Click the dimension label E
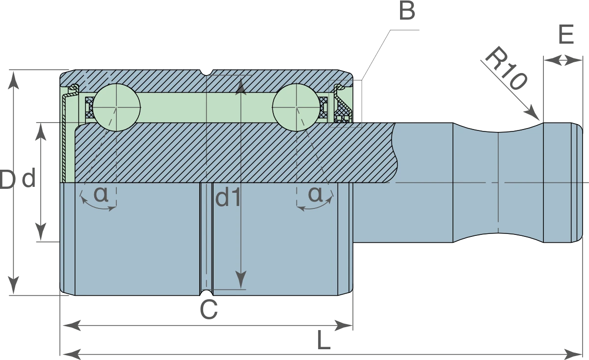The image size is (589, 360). click(566, 34)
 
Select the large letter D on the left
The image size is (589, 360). click(7, 180)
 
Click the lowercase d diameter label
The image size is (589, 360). click(28, 178)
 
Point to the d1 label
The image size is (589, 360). click(228, 198)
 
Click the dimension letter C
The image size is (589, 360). click(209, 309)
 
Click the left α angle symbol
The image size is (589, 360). click(101, 194)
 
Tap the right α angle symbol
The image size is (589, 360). click(315, 194)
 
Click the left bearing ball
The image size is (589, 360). click(116, 107)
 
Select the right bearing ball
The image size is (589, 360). click(296, 107)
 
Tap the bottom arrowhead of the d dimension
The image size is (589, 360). click(40, 241)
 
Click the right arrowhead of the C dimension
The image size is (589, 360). click(352, 326)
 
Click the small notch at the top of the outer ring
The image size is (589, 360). click(207, 73)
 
